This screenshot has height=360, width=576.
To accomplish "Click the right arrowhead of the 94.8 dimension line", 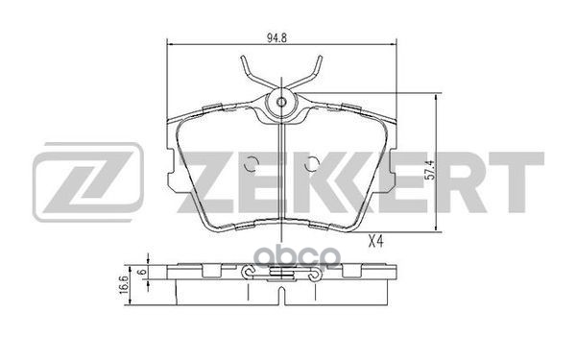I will tap(396, 45).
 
